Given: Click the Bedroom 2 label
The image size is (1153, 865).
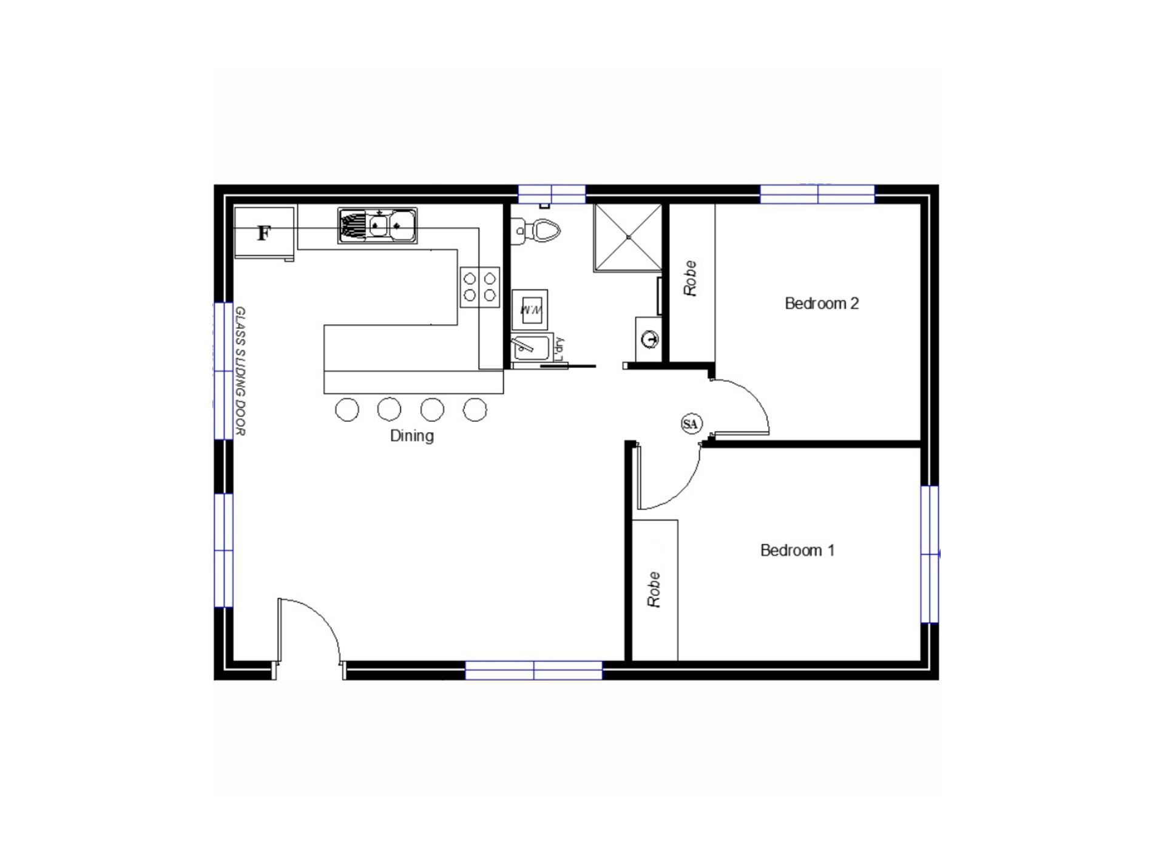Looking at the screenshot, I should coord(822,303).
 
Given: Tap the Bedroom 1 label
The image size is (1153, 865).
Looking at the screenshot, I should coord(797,550).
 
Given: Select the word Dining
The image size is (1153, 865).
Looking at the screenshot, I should coord(411,435).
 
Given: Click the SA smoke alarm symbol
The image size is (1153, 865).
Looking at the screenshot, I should coord(691,424).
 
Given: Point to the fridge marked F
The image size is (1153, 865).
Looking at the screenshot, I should coord(264,232).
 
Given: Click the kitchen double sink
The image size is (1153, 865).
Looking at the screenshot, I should coord(377,226).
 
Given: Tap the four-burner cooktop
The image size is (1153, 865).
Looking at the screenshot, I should coord(479,287).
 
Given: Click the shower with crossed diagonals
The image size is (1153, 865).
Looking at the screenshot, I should coord(628,237).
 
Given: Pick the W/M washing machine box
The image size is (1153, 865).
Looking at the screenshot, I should coord(530,310).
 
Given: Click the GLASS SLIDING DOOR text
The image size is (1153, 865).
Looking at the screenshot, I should coord(240,371).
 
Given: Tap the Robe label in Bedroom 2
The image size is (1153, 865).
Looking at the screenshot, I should coord(691,279).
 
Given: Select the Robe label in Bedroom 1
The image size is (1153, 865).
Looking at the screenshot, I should coord(654,589).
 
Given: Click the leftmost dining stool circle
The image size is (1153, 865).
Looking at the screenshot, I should coord(347,410).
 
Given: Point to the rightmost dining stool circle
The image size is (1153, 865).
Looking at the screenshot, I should coord(475,410).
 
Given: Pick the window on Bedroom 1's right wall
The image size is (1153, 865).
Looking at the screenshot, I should coord(929,554).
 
